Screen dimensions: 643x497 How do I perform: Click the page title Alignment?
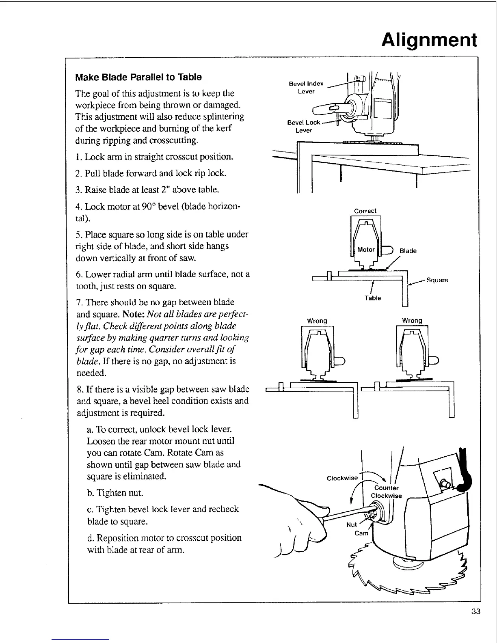[x=430, y=40]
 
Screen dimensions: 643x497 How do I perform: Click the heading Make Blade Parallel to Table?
[x=138, y=77]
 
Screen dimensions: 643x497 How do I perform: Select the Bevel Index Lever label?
[x=306, y=87]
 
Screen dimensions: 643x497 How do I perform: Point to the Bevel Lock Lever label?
[x=304, y=126]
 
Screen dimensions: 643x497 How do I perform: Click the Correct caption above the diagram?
[x=365, y=211]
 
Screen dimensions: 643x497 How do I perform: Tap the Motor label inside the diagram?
[x=365, y=250]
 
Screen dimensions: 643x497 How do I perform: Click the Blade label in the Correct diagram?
[x=408, y=251]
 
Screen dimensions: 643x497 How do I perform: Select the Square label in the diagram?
[x=437, y=280]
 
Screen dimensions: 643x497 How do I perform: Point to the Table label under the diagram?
[x=372, y=298]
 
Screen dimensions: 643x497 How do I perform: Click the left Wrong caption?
[x=317, y=321]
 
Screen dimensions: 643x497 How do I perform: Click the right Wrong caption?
[x=412, y=321]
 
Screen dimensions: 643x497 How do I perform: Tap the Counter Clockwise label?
[x=387, y=492]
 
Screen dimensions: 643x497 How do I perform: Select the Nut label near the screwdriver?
[x=351, y=525]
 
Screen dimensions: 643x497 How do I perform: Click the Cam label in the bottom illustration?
[x=361, y=533]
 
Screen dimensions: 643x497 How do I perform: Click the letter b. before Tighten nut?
[x=91, y=493]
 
